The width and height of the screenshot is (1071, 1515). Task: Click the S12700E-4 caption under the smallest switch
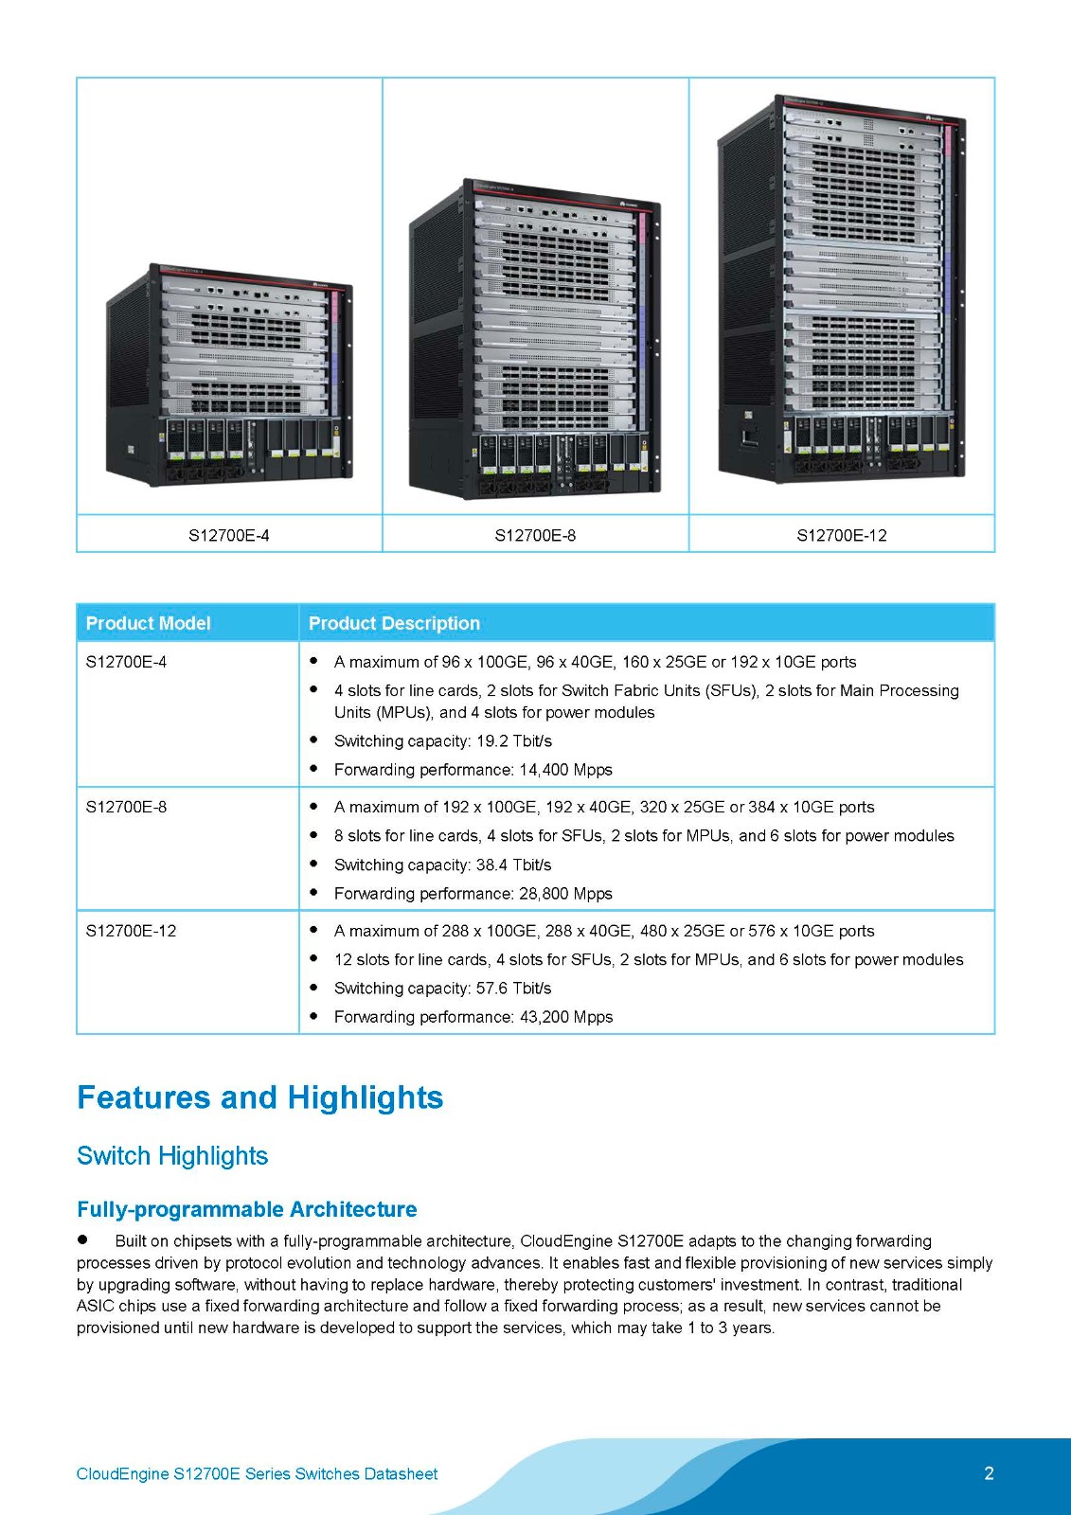point(228,535)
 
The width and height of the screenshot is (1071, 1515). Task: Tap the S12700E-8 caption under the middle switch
point(535,535)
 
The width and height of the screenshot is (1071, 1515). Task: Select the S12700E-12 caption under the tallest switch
point(842,535)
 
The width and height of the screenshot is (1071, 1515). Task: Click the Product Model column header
point(148,623)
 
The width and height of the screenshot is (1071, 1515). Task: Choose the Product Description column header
point(394,623)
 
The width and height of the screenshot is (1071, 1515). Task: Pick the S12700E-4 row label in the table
point(126,662)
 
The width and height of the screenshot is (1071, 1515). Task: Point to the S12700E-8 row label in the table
point(126,807)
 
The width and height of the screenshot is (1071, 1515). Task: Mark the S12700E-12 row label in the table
point(131,931)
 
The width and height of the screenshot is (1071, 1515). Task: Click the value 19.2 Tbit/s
point(514,740)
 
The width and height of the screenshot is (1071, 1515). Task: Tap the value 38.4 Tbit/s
point(514,864)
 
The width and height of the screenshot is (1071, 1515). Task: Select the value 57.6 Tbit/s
point(514,988)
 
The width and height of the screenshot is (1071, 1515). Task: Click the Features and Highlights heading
point(259,1097)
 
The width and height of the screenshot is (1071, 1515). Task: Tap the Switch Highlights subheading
point(172,1155)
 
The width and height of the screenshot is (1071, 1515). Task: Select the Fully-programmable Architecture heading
point(246,1209)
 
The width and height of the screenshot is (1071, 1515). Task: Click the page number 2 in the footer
point(989,1473)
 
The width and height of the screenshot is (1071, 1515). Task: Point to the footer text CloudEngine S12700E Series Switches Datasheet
point(257,1473)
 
